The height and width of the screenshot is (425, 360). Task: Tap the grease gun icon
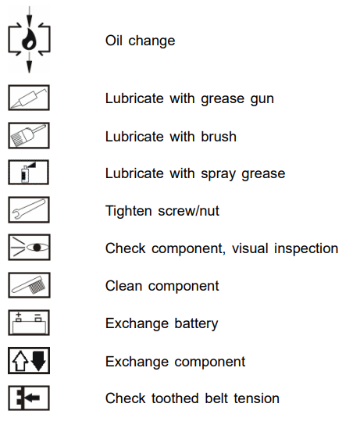(28, 98)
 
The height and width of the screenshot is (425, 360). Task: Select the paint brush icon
(28, 135)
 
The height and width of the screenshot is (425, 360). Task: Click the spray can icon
(27, 172)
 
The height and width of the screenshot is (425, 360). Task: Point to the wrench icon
(28, 209)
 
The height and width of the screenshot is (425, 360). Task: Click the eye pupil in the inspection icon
(37, 247)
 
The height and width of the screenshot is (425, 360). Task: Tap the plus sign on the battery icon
(19, 315)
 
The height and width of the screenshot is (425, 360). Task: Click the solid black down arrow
(38, 361)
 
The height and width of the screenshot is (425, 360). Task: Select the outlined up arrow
(20, 361)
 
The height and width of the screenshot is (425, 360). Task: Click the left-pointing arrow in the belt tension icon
(33, 398)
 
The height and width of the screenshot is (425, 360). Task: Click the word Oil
(114, 41)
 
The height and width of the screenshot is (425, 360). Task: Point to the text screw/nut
(188, 211)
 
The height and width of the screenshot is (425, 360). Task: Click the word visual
(250, 248)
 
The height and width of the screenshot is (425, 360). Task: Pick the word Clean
(124, 286)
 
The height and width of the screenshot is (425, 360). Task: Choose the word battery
(196, 324)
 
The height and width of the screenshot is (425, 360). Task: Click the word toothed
(175, 398)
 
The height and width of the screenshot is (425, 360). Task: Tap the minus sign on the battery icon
(37, 315)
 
